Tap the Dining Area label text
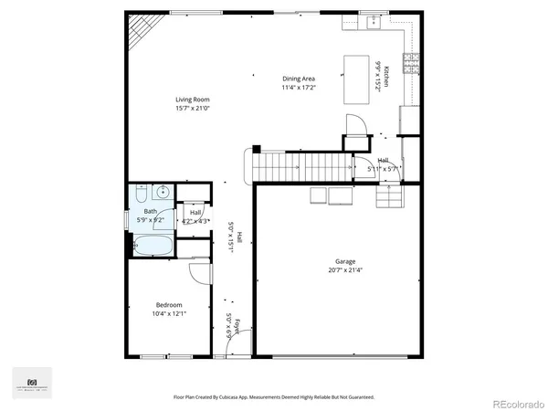299,79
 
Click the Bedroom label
169,305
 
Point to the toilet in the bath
141,194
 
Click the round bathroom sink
163,192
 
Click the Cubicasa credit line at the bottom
274,397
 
